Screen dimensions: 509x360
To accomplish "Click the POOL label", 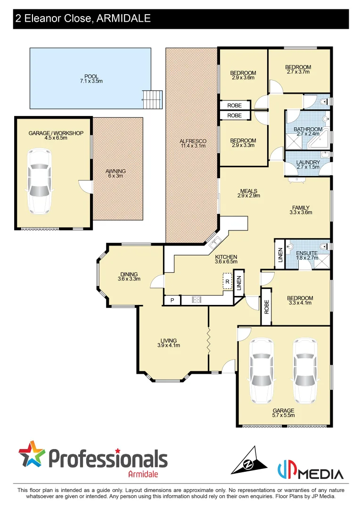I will tap(91, 76).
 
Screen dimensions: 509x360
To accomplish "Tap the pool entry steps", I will tap(153, 99).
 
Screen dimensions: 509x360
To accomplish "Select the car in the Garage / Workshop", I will tap(39, 181).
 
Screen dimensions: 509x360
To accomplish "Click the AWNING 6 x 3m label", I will tap(116, 174).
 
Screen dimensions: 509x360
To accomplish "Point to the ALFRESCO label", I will tap(193, 141).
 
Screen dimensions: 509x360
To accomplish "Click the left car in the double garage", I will tap(261, 370).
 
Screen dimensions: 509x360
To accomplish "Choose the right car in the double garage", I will tap(304, 370).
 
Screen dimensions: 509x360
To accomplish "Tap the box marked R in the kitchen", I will tap(227, 281).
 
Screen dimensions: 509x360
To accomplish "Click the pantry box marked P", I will tap(172, 300).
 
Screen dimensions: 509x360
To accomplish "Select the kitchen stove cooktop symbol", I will tap(196, 299).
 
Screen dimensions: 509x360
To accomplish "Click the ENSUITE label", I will tap(306, 253).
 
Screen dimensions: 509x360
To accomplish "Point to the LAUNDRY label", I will tap(308, 163).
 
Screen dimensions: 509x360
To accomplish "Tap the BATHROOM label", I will tap(308, 129).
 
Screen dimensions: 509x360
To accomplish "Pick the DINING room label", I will tap(129, 274).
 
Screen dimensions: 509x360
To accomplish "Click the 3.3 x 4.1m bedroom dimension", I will tap(300, 304).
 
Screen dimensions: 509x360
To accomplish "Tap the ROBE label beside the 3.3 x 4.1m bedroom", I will tap(266, 307).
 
